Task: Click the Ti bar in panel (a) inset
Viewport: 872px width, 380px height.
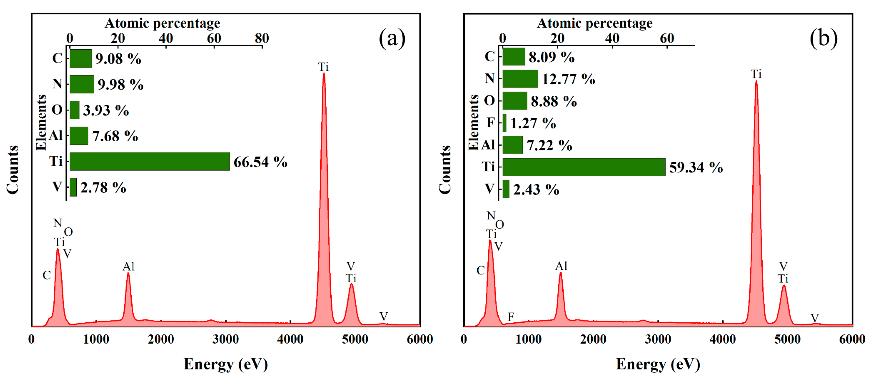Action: [x=150, y=161]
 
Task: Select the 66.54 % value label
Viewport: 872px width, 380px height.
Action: [x=260, y=162]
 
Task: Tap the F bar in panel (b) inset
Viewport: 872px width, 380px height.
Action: [x=504, y=123]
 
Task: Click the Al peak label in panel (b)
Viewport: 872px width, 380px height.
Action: [x=561, y=266]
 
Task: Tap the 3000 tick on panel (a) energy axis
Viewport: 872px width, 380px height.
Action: [x=225, y=339]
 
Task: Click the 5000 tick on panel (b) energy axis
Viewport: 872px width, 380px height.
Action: [x=787, y=339]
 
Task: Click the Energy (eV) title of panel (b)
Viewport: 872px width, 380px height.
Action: [x=658, y=364]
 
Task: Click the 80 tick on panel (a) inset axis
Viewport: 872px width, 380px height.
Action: [x=262, y=38]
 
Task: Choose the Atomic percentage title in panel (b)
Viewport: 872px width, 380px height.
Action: [x=594, y=23]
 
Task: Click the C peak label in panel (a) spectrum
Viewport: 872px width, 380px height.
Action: [x=47, y=275]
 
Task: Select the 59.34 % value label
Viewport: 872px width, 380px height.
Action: [x=696, y=167]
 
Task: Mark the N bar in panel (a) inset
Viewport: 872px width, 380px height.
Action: [x=82, y=84]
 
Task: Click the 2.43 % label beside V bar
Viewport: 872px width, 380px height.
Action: [x=536, y=189]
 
